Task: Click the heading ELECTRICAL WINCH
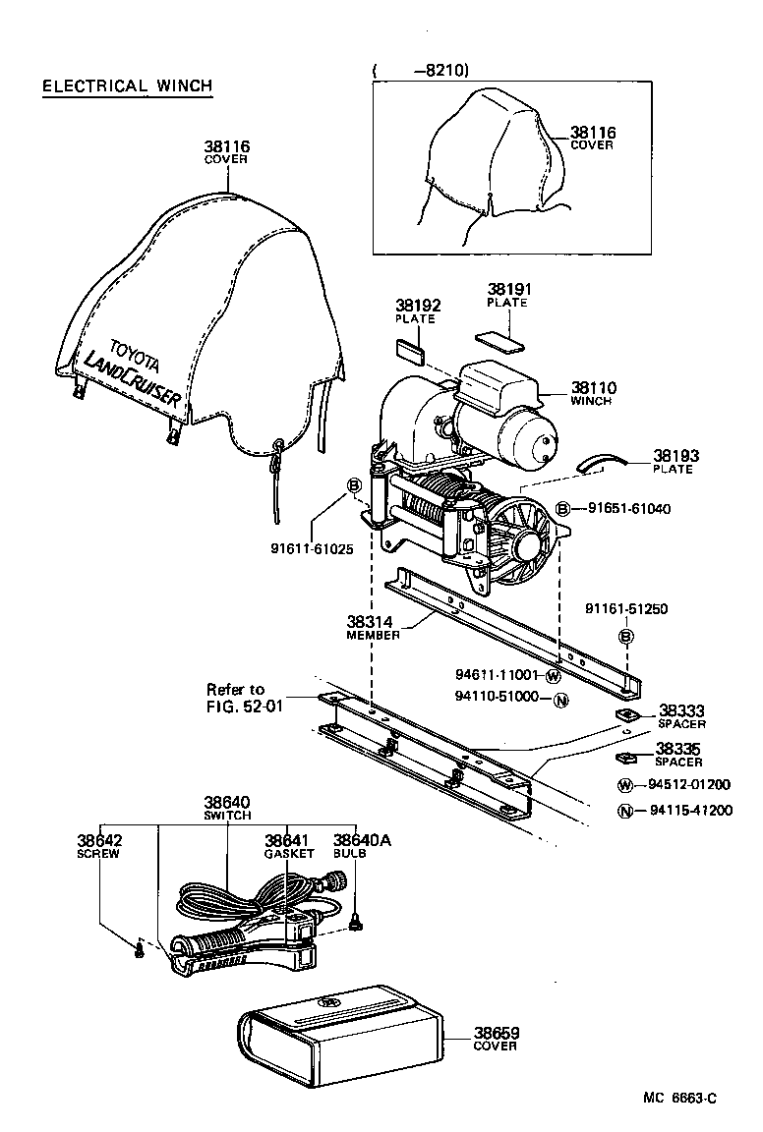[127, 86]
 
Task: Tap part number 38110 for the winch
[593, 388]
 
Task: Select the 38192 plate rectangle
[409, 346]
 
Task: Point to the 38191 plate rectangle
[501, 339]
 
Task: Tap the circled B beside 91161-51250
[625, 638]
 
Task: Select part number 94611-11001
[497, 675]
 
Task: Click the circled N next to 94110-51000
[559, 700]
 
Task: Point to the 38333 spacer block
[623, 714]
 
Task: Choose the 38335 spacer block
[623, 758]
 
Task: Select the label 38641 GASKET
[288, 846]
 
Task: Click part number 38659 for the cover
[497, 1033]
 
